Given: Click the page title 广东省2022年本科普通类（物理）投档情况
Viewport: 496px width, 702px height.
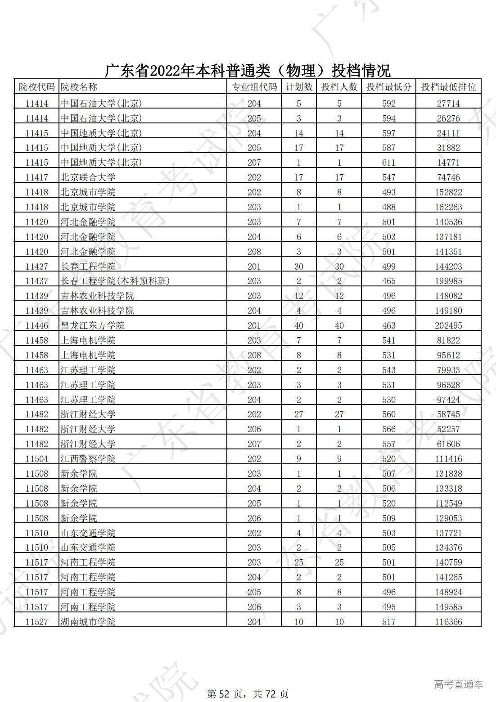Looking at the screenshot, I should (248, 71).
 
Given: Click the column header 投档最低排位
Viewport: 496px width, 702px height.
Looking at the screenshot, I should (448, 87).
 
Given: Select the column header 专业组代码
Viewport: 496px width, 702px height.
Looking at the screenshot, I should (254, 87).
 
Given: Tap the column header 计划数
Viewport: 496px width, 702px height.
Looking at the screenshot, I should (299, 87).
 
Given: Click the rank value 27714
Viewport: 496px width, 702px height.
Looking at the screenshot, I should (448, 104).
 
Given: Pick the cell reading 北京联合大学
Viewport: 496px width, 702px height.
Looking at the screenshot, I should (88, 177).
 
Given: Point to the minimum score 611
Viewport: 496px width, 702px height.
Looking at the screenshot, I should (388, 163).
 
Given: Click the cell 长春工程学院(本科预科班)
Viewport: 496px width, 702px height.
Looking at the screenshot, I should (115, 281).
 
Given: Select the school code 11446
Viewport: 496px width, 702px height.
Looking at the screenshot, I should (36, 326).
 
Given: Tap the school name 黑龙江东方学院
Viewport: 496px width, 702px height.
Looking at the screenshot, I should (93, 326).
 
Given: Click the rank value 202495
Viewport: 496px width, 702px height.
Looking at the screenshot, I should (448, 326).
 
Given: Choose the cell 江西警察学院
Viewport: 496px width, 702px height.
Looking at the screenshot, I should (88, 459).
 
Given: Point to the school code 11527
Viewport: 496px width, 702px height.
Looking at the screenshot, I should (36, 622).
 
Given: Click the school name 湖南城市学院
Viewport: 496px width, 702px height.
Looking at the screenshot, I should (88, 622).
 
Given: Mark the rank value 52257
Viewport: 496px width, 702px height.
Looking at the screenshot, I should (448, 429).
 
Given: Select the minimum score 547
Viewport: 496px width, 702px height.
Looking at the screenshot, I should (388, 177).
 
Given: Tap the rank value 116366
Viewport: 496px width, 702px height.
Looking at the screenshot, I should (448, 622).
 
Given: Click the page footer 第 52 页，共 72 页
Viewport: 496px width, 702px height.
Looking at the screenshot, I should (248, 694).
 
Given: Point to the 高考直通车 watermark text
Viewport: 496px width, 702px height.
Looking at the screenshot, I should (458, 684).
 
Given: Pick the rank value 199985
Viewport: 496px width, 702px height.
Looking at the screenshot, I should (448, 281).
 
